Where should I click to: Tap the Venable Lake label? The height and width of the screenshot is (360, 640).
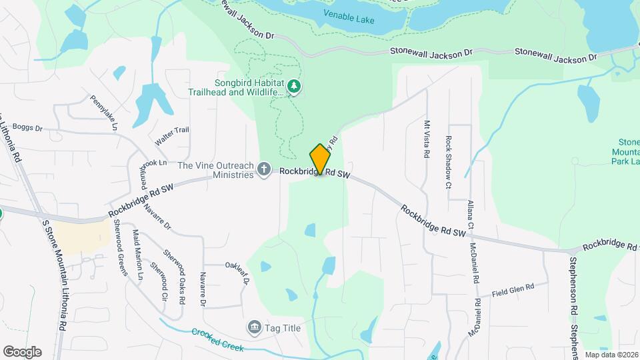(x=349, y=17)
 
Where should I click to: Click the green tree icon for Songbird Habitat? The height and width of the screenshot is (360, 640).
(x=294, y=86)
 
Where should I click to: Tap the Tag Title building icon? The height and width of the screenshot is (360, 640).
(x=254, y=327)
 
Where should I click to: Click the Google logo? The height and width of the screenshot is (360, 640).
(x=22, y=352)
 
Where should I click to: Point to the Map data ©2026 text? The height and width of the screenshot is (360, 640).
(x=611, y=355)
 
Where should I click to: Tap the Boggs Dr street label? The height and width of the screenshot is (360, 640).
(x=27, y=127)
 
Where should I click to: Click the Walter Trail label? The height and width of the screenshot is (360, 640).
(x=172, y=137)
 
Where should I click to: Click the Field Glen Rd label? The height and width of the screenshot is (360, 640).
(x=513, y=288)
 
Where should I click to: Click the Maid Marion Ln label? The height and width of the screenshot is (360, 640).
(x=138, y=254)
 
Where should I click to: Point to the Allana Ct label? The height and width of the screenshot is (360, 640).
(x=470, y=215)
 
